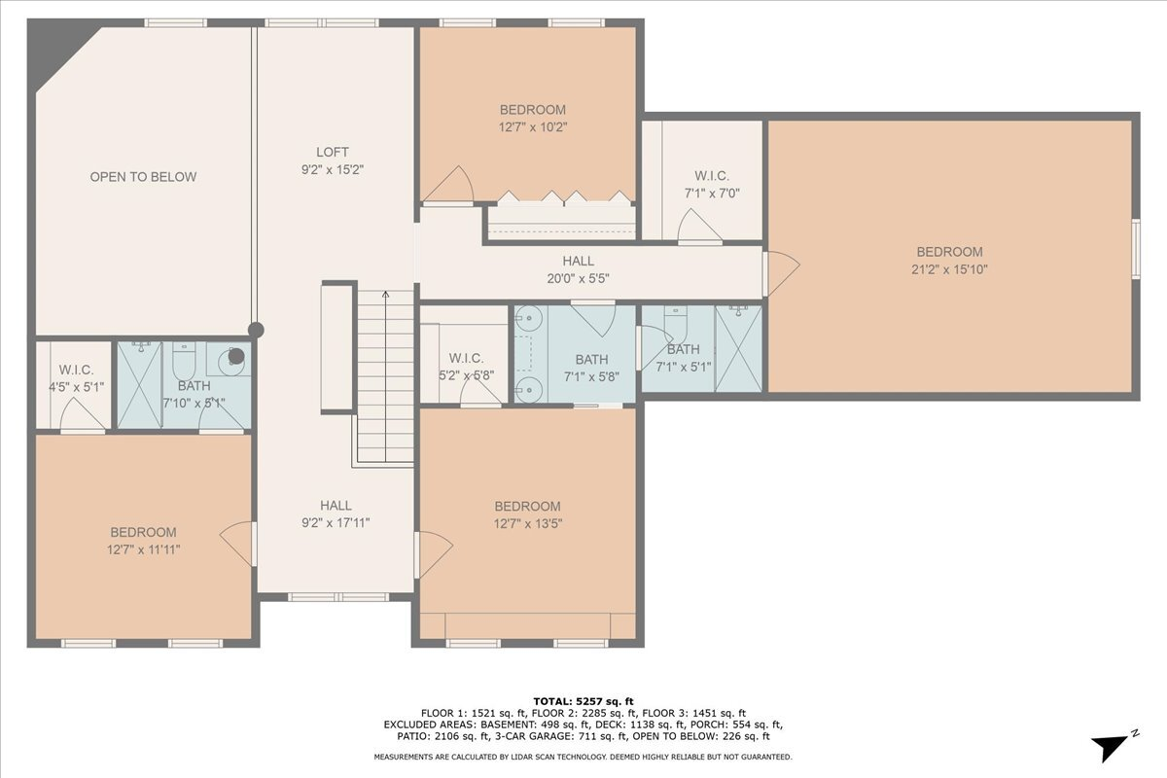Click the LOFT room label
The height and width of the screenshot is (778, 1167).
[x=332, y=152]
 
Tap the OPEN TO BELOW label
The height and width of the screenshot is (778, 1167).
[x=143, y=177]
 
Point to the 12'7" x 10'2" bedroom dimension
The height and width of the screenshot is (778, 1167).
[x=532, y=126]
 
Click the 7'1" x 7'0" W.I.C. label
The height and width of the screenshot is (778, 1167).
[x=712, y=193]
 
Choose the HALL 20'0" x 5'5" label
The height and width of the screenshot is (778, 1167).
[x=578, y=269]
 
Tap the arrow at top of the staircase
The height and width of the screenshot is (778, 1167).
[x=385, y=296]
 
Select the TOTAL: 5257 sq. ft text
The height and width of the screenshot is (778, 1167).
[x=583, y=701]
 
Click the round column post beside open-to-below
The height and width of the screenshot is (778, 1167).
[x=256, y=331]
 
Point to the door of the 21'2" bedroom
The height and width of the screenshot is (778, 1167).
[x=781, y=273]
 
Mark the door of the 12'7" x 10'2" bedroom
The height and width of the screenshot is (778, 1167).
[x=451, y=186]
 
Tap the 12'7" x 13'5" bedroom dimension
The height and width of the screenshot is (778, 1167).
[x=528, y=523]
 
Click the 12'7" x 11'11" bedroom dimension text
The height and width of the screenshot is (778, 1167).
[x=143, y=549]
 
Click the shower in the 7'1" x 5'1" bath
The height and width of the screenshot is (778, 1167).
[x=738, y=348]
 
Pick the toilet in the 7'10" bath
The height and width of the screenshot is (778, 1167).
[x=186, y=362]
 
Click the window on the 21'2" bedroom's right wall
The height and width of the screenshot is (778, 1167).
[x=1135, y=248]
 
